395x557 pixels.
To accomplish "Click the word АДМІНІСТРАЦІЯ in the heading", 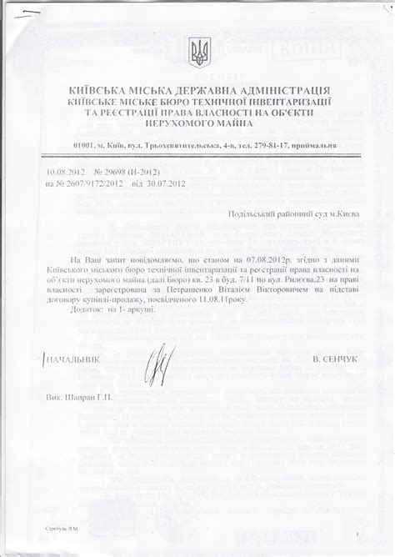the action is (282, 90).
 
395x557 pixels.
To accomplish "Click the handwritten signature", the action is (161, 364).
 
